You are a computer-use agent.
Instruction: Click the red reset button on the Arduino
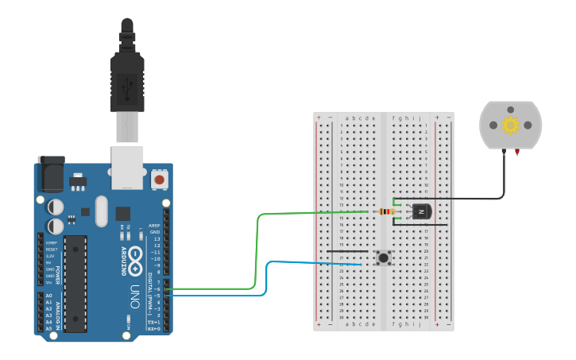[x=159, y=180]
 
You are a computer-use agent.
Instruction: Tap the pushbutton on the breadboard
[x=385, y=257]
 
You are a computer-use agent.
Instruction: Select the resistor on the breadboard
[x=388, y=211]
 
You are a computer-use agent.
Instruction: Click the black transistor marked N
[x=419, y=211]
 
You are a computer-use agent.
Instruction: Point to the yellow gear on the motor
[x=510, y=125]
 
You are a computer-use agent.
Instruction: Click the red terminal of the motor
[x=517, y=151]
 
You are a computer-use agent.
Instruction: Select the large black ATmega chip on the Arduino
[x=75, y=283]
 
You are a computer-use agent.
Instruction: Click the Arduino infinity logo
[x=135, y=256]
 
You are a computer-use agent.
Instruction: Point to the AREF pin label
[x=155, y=225]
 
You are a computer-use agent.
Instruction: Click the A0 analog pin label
[x=48, y=296]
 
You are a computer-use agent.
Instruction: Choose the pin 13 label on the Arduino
[x=157, y=238]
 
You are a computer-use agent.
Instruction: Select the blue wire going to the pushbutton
[x=267, y=278]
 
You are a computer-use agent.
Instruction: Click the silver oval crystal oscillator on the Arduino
[x=101, y=211]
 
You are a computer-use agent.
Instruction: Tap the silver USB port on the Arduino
[x=127, y=167]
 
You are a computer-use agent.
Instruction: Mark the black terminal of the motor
[x=504, y=152]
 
